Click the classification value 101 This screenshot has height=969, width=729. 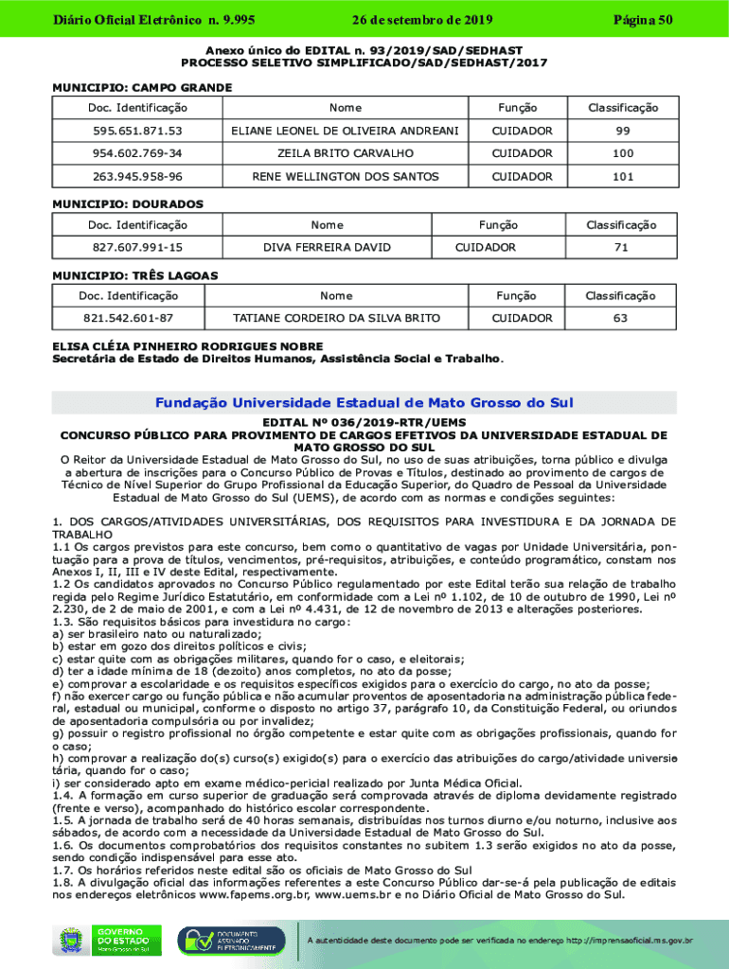[622, 176]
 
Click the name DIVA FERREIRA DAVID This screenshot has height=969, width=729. [327, 247]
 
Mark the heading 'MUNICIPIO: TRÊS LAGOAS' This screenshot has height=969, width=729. [134, 275]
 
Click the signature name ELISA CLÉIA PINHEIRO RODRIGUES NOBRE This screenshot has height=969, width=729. [187, 346]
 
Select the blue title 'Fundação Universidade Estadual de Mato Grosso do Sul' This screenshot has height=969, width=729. [364, 403]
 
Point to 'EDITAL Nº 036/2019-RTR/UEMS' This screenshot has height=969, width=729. [364, 423]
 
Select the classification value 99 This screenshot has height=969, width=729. [622, 131]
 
